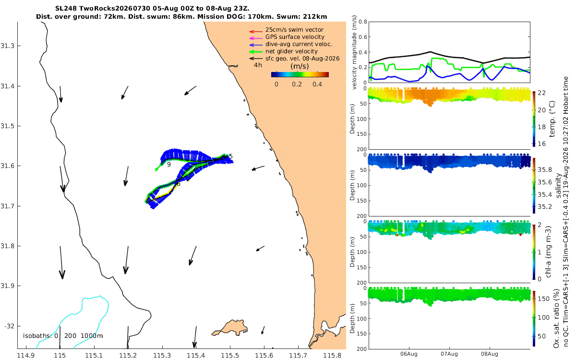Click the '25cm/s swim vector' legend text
click(x=294, y=30)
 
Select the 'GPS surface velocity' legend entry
click(x=295, y=37)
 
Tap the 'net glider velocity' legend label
click(x=292, y=51)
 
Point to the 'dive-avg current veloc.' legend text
click(x=299, y=44)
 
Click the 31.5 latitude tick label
click(x=7, y=126)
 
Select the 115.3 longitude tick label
click(x=162, y=356)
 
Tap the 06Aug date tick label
click(x=409, y=354)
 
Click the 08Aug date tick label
click(x=490, y=354)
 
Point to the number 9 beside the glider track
click(x=169, y=165)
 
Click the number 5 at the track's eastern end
click(x=231, y=156)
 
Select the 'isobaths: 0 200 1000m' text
click(x=63, y=336)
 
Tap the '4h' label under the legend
click(x=258, y=65)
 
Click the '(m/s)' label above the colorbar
click(x=300, y=66)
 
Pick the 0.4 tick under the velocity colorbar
click(x=317, y=84)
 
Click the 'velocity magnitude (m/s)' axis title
click(x=354, y=52)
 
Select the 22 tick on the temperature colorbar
click(x=542, y=93)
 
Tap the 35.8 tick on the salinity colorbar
click(x=545, y=170)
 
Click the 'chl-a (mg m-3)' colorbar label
click(x=548, y=252)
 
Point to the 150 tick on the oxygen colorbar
click(x=544, y=299)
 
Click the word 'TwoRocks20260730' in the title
click(x=114, y=9)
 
